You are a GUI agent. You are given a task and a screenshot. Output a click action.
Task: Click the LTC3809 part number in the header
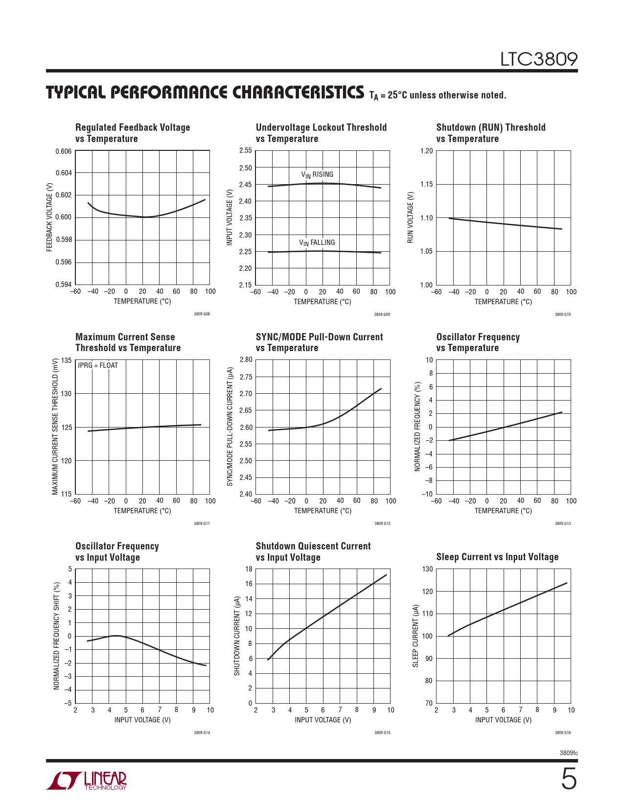point(538,59)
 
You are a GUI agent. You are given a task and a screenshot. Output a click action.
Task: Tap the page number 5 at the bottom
point(568,779)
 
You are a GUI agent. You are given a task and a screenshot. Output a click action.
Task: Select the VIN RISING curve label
point(317,175)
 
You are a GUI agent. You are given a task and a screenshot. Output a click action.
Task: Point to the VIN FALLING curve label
point(317,243)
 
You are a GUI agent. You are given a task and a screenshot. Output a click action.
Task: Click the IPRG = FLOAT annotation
point(98,365)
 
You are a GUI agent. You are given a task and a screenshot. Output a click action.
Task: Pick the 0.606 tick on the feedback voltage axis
point(64,151)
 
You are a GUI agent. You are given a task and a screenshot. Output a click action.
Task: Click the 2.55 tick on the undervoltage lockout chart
point(246,151)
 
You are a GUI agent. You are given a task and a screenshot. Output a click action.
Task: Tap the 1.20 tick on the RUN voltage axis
point(426,151)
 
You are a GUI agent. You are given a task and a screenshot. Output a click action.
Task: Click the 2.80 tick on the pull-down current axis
point(246,360)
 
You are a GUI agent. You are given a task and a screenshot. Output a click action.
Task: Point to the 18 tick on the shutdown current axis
point(249,569)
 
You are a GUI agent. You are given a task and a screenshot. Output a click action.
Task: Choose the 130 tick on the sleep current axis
point(427,569)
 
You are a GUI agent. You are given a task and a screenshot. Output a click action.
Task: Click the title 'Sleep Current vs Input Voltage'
point(497,557)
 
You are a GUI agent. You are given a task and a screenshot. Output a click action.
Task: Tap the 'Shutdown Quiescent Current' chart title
point(313,546)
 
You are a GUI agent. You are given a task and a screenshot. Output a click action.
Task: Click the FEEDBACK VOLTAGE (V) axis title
point(49,217)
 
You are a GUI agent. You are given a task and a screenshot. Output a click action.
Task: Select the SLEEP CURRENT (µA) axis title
point(416,636)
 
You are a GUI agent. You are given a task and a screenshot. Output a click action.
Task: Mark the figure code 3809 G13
point(562,523)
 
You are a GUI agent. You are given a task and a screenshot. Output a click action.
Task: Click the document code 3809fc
point(568,753)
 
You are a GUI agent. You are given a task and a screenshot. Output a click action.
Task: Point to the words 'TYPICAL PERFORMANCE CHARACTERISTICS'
point(205,93)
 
